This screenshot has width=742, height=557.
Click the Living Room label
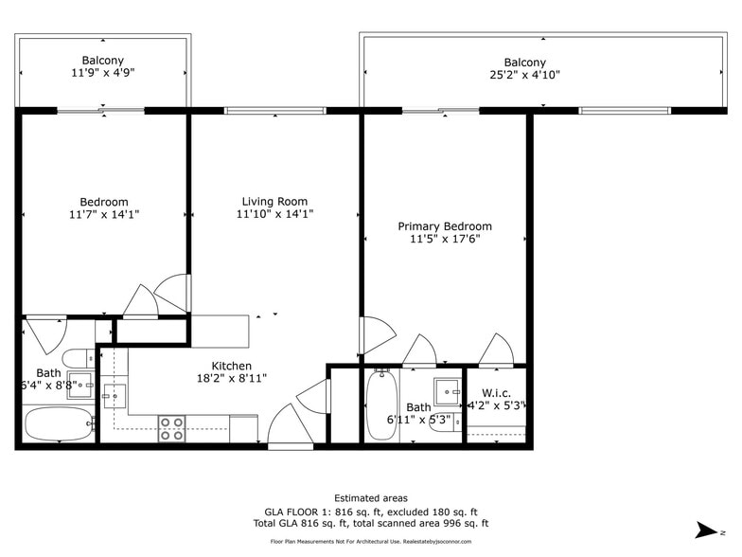coord(274,201)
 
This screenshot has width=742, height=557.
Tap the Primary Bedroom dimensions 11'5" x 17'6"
coord(444,240)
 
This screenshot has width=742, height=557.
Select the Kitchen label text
coord(231,366)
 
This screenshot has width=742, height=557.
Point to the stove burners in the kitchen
coord(171,428)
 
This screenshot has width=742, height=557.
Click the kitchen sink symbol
coord(114,395)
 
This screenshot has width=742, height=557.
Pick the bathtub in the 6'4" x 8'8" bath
coord(59,423)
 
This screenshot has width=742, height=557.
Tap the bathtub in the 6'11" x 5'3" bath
coord(381,405)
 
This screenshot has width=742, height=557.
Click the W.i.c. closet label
coord(497,392)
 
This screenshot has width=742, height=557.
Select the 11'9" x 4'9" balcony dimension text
coord(102,73)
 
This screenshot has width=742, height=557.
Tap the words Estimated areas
coord(371,498)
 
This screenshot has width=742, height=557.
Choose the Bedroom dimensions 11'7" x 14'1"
coord(103,215)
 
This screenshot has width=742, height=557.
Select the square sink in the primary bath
coord(447,391)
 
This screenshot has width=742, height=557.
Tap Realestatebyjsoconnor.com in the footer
coord(450,542)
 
